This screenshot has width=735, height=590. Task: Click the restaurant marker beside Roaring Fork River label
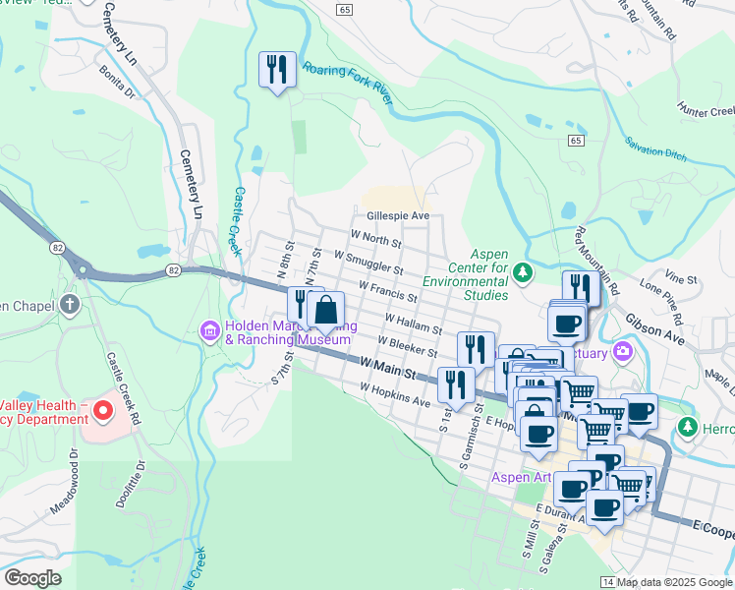coord(276,70)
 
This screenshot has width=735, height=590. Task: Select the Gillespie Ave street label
coord(398,215)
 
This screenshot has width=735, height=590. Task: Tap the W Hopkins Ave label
coord(395,395)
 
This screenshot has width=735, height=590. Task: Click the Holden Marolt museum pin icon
coord(209,331)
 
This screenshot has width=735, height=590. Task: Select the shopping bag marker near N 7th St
coord(325,311)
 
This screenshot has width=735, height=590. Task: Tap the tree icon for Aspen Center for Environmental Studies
coord(525,271)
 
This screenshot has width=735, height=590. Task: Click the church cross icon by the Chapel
coord(70,304)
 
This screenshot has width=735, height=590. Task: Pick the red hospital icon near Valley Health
coord(99,405)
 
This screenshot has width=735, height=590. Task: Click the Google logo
coord(32,577)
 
